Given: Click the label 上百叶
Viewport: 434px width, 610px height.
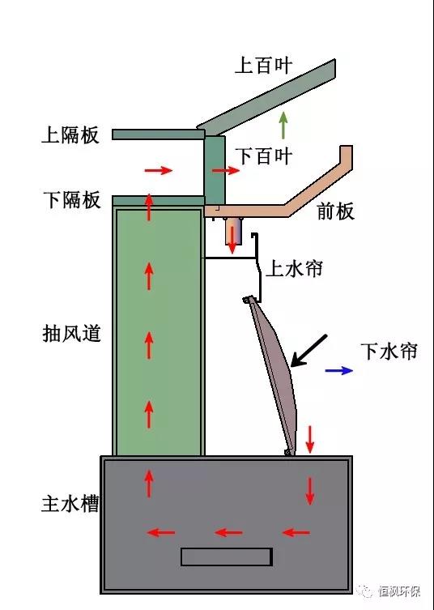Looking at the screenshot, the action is pos(263,65).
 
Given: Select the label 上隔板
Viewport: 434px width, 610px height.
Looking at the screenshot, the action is pos(70,135).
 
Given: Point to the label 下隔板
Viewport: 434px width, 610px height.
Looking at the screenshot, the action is pos(72,200).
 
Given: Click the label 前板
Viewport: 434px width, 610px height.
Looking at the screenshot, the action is pos(335,211).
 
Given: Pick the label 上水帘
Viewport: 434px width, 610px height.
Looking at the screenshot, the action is pos(295,268).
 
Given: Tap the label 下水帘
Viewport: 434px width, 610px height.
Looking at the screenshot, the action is pos(389,351).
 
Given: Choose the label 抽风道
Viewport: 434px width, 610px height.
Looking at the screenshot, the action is pos(71,334).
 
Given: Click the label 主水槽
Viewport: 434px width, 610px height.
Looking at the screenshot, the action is pos(70,503).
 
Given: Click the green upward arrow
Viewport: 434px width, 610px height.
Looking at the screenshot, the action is pos(283,125).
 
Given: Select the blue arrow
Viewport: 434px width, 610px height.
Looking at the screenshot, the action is pos(339,370).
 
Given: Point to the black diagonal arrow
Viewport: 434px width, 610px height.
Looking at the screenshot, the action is pos(309,351).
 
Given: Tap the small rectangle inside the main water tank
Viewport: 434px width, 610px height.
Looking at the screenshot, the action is pos(227,557).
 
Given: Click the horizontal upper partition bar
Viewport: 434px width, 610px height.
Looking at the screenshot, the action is pos(159,134).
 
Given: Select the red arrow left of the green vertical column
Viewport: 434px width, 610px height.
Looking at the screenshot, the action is pos(158,170).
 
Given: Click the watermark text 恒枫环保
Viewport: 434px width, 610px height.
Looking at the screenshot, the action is pos(399,591).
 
